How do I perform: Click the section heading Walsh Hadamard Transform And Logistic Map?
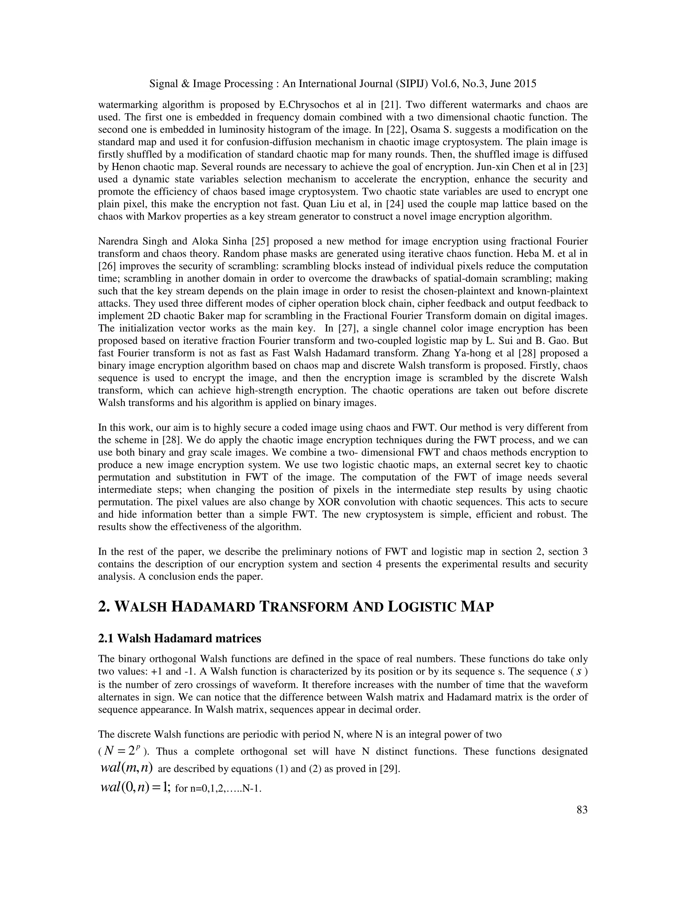coord(295,607)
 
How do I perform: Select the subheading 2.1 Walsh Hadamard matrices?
coord(180,638)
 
